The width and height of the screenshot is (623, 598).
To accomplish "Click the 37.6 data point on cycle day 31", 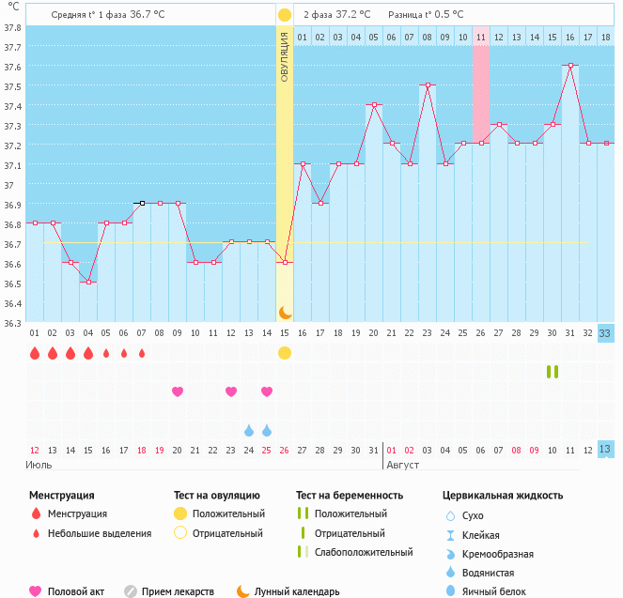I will coord(570,65).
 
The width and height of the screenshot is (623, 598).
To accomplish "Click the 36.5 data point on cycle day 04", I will coord(88,282).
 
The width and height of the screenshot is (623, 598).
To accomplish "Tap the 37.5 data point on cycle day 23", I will coord(428,84).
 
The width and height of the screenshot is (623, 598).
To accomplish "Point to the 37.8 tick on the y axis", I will coord(13,26).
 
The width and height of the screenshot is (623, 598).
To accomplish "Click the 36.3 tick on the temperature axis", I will coord(13,323).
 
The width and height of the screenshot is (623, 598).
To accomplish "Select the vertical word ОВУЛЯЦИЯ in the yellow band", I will coord(285,56).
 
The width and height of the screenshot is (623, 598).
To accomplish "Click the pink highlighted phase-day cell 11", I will coord(481,37).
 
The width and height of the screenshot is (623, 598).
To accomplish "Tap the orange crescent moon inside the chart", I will coord(285,313).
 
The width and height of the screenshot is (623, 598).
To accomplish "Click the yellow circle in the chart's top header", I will coord(285,16).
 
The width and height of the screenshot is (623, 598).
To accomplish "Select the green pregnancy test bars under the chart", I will coord(553,372).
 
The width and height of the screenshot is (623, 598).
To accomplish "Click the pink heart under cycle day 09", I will coord(178,391).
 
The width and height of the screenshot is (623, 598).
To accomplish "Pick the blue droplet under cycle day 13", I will coord(249,431).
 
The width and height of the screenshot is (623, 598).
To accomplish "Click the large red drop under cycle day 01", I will coord(35,354).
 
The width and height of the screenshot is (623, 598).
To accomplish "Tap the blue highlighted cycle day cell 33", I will coord(605,333).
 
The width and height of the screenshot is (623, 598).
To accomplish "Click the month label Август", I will coord(402,465).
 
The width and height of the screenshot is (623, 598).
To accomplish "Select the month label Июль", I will coord(39,465).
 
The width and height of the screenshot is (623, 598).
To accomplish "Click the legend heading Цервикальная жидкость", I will coord(503,495).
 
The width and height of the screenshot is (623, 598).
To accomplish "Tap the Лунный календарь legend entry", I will coord(287,591).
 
